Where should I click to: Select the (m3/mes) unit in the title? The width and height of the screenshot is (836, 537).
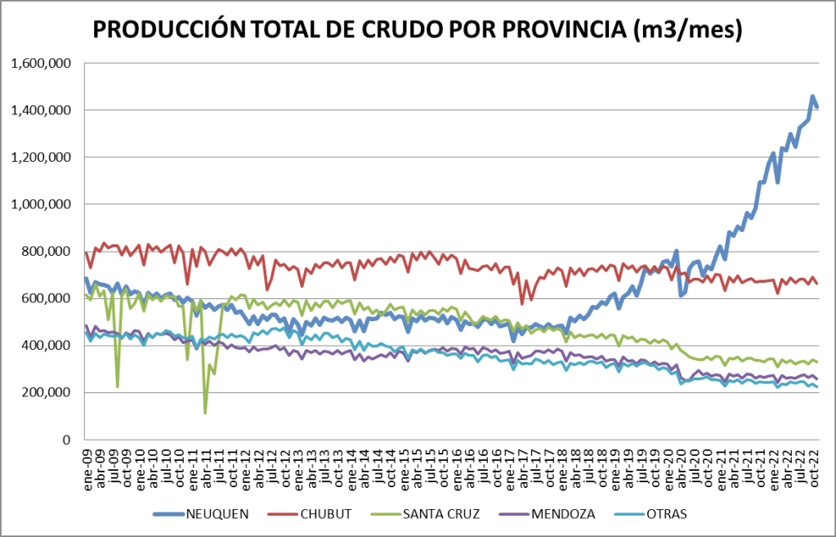(688, 30)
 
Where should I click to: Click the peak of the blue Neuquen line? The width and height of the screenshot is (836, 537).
(812, 96)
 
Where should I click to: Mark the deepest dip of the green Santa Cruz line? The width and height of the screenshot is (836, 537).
(205, 412)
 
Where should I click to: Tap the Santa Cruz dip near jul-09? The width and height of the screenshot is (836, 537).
(118, 386)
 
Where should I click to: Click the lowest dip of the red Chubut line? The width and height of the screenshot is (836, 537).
(522, 303)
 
